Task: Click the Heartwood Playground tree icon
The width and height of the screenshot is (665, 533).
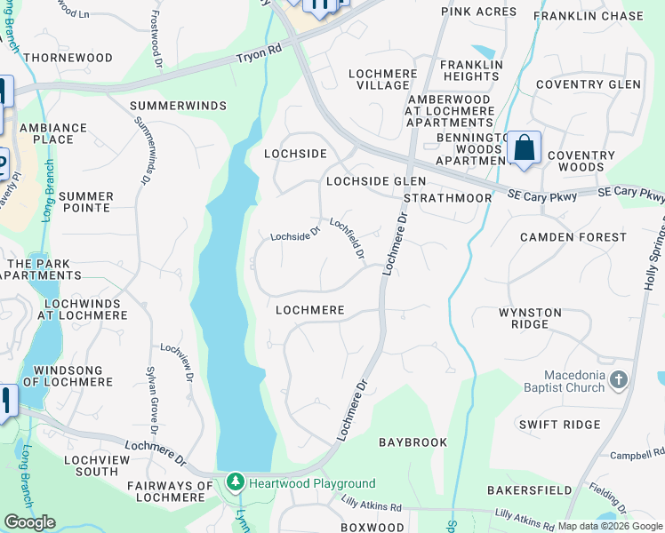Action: click(x=235, y=483)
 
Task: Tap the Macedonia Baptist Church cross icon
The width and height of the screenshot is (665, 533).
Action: click(x=619, y=380)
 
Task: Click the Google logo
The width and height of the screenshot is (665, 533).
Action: click(x=29, y=522)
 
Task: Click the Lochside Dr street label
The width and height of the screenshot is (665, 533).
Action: click(x=295, y=235)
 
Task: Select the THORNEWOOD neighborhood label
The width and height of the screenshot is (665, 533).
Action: click(x=68, y=58)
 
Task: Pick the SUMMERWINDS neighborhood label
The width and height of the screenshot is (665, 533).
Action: click(x=178, y=106)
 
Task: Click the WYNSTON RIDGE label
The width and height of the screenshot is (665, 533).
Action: click(x=530, y=318)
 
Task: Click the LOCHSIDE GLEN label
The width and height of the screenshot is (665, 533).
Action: click(x=376, y=180)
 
